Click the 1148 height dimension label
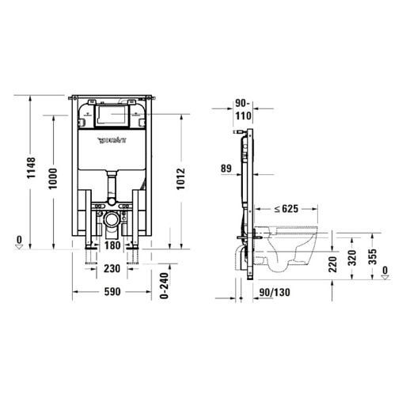[x=31, y=168]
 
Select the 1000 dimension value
[x=53, y=178]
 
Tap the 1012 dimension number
[x=181, y=179]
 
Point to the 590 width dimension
[x=112, y=292]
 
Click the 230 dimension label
[x=112, y=269]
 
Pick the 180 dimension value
[x=112, y=245]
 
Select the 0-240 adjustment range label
[x=165, y=286]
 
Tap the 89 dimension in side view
[x=226, y=168]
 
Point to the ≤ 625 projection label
[x=286, y=209]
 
